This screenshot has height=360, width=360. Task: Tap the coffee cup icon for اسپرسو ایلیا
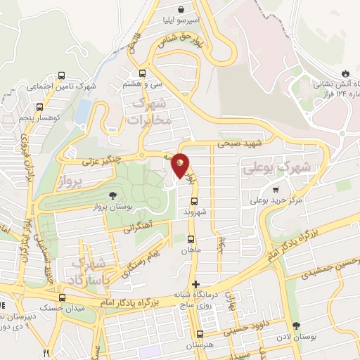(183, 10)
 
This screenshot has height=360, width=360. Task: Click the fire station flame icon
(345, 73)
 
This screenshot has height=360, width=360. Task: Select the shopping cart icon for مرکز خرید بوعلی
(276, 188)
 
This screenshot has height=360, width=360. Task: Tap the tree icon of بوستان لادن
(296, 326)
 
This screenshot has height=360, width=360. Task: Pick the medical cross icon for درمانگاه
(195, 284)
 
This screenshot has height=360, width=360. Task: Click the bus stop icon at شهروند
(195, 201)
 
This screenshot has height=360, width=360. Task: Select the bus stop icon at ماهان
(190, 239)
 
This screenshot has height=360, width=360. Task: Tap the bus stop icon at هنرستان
(200, 335)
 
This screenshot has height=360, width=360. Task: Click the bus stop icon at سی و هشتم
(143, 72)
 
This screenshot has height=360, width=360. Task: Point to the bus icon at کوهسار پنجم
(39, 108)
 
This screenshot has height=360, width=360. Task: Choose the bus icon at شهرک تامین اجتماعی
(61, 76)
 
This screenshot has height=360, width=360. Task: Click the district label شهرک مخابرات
(150, 112)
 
